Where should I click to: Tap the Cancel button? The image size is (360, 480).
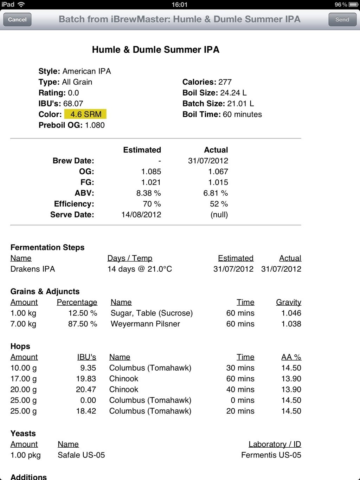click(x=17, y=20)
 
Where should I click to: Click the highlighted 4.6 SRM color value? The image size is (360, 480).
click(x=85, y=114)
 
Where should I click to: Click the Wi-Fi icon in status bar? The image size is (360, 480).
click(x=21, y=5)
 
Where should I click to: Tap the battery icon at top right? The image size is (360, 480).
click(x=353, y=5)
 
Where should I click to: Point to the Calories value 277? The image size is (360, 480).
click(x=225, y=82)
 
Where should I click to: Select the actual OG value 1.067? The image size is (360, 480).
click(x=218, y=171)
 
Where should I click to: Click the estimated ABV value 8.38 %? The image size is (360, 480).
click(x=148, y=193)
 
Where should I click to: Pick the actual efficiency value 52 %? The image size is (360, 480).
click(x=219, y=204)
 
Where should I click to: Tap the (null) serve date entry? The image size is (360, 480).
click(x=219, y=215)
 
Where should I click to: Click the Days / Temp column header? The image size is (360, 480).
click(x=130, y=258)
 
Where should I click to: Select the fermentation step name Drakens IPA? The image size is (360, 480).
click(x=33, y=269)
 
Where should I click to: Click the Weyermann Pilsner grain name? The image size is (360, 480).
click(x=145, y=324)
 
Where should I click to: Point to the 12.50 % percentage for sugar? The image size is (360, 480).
click(x=83, y=313)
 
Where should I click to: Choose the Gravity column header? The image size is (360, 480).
click(x=288, y=302)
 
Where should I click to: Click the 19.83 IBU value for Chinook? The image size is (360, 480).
click(x=86, y=379)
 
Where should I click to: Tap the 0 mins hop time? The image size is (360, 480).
click(x=242, y=400)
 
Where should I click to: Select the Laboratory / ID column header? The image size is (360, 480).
click(x=275, y=444)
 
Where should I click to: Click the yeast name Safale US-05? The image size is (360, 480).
click(x=81, y=455)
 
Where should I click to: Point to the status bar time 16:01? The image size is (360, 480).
click(x=180, y=5)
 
